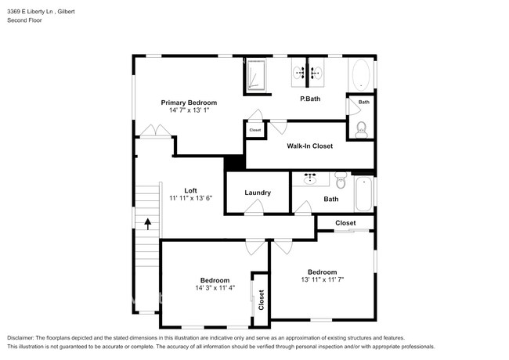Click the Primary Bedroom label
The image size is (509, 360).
(x=189, y=103)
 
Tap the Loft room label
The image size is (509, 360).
(x=190, y=190)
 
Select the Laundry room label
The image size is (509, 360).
(x=258, y=193)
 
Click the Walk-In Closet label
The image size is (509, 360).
(x=309, y=146)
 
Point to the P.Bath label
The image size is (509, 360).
(x=311, y=99)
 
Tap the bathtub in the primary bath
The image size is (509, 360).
(x=361, y=76)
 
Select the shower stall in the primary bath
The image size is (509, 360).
(x=257, y=76)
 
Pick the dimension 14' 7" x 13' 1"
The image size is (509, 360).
(x=189, y=111)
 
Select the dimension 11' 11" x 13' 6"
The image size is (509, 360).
(x=190, y=199)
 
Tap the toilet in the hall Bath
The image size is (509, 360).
(x=340, y=182)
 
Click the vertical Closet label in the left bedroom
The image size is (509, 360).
(x=261, y=299)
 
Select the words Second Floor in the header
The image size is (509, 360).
(x=24, y=20)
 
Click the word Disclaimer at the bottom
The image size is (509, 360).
(x=25, y=337)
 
